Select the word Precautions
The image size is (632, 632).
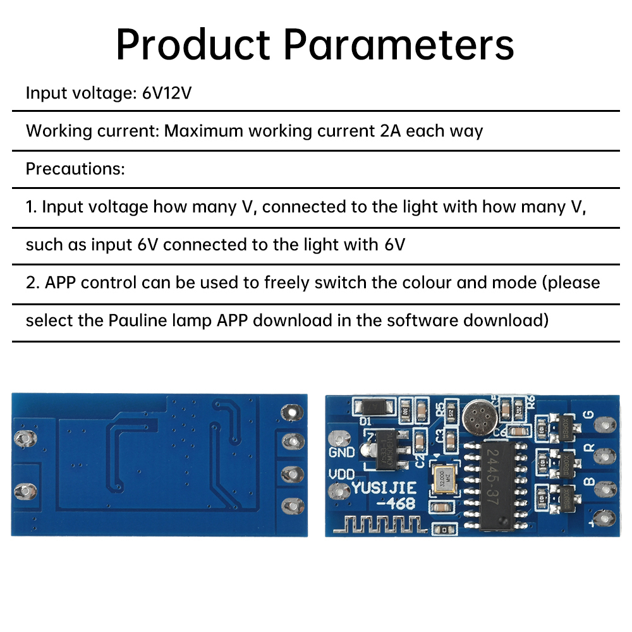[75, 169]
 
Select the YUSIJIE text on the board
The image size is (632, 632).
[384, 488]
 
